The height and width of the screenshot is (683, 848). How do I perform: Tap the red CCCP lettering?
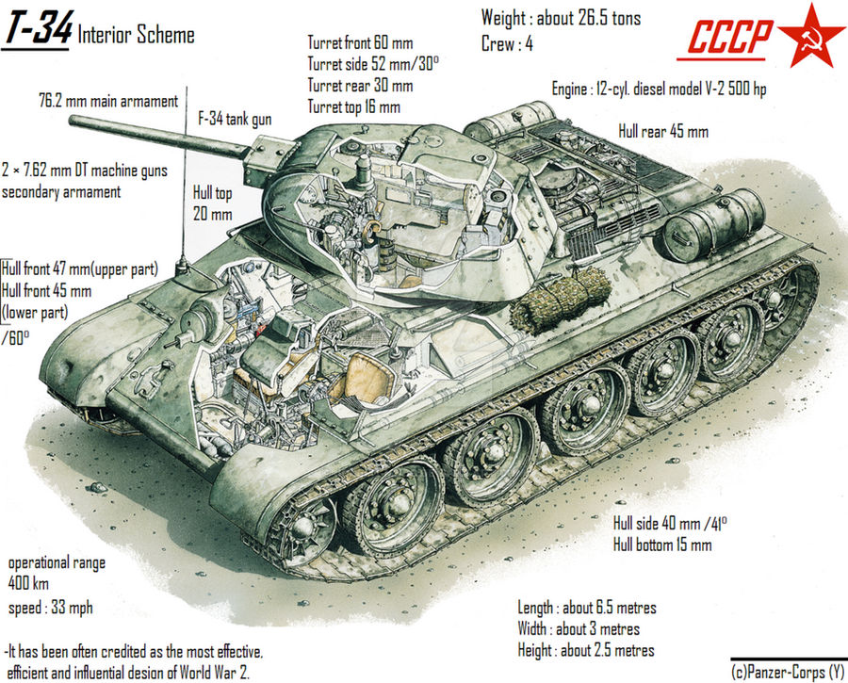coord(728,39)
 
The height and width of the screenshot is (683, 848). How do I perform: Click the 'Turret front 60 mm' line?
coord(360,42)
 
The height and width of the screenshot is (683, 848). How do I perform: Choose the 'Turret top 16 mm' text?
coord(353,106)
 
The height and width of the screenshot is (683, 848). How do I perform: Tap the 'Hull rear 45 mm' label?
coord(662,131)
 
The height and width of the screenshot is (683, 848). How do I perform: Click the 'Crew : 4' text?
coord(514,44)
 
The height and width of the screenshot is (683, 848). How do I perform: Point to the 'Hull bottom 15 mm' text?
coord(662,545)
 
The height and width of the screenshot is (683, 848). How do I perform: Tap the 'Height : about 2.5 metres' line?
coord(585,650)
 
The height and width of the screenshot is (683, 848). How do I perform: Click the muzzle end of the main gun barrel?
coord(73,122)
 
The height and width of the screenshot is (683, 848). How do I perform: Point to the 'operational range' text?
coord(56,562)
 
